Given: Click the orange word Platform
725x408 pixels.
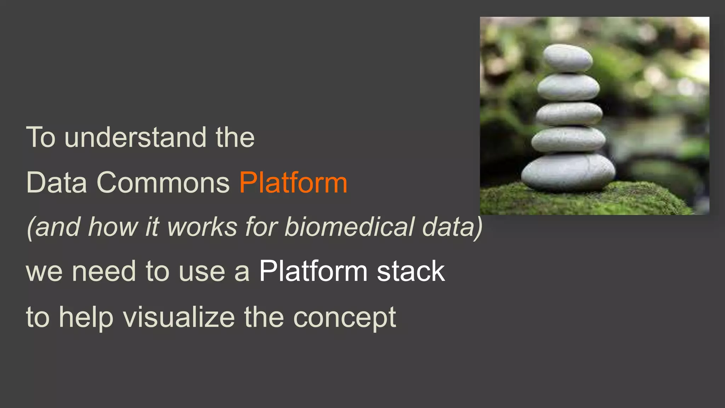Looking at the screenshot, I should [x=293, y=183].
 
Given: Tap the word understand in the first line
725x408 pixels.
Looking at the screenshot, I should [x=135, y=137].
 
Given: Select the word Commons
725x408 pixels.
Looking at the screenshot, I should [x=163, y=183].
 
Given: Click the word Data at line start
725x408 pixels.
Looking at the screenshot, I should [x=57, y=183].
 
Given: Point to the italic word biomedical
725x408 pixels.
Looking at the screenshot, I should [x=349, y=227].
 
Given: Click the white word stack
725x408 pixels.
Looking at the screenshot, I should [x=411, y=272].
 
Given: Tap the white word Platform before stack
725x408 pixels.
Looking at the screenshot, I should [x=313, y=272].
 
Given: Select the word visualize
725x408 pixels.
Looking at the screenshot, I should [x=179, y=317].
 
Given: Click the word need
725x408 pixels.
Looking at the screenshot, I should [x=104, y=272].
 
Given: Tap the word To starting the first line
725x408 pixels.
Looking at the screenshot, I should [x=41, y=137].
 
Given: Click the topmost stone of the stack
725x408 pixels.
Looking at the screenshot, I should [x=567, y=58].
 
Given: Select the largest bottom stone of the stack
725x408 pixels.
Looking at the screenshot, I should [x=569, y=171].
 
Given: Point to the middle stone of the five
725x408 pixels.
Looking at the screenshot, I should [x=569, y=114].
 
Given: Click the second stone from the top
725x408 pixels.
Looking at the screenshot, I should [x=568, y=87].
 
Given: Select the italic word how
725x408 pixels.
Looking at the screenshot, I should [x=113, y=227].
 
